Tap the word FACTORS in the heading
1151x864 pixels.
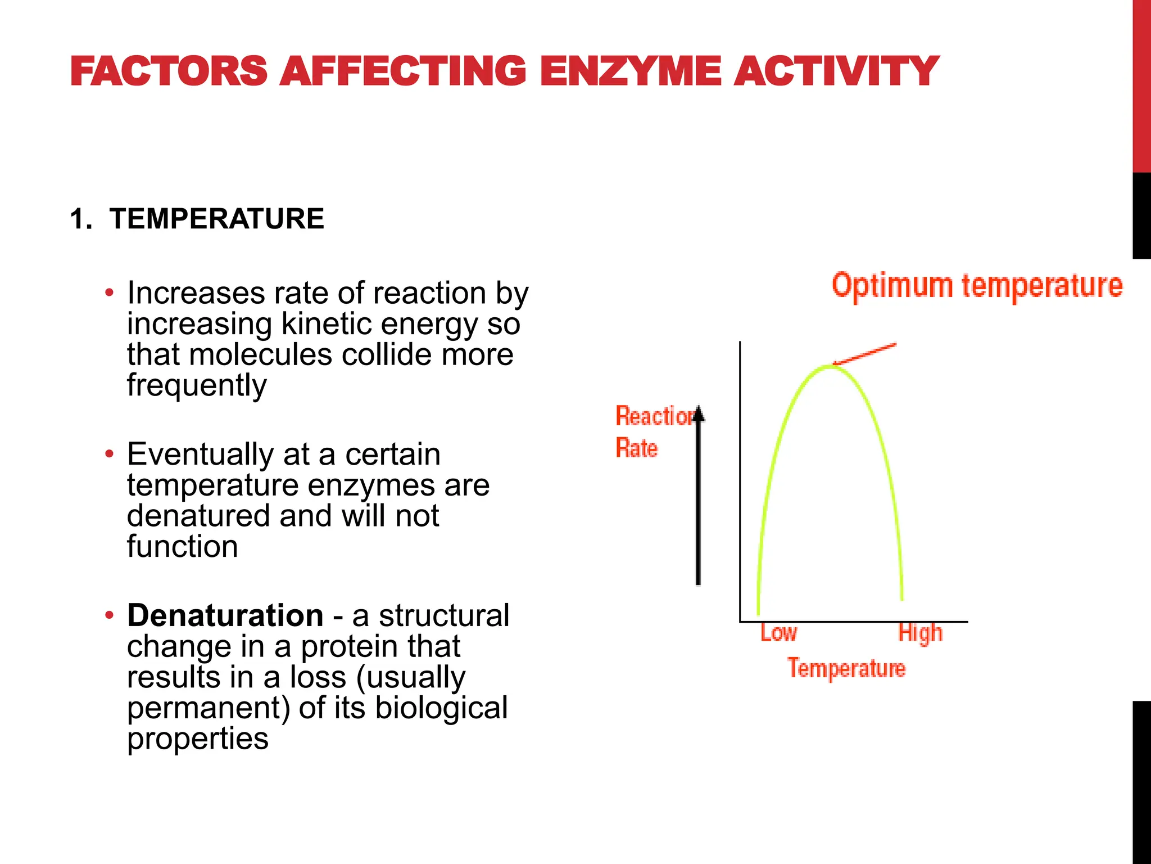(169, 71)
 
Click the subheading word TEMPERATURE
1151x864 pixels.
(217, 219)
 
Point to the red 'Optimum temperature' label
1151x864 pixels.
(977, 286)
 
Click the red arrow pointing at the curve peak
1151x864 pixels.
(865, 354)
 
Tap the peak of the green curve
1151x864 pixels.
(828, 367)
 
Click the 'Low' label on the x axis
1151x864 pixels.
(778, 633)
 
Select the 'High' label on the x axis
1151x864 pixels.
(920, 633)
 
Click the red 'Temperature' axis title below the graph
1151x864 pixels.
(846, 668)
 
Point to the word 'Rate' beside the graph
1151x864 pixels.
(636, 448)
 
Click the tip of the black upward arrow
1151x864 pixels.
(698, 409)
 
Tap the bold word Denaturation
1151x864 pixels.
(225, 615)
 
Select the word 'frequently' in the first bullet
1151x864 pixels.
(197, 386)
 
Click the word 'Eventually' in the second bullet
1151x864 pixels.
(200, 454)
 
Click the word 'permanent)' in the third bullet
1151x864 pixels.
(209, 709)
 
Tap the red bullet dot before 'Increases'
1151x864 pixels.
(110, 293)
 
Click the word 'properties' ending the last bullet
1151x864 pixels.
(198, 739)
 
